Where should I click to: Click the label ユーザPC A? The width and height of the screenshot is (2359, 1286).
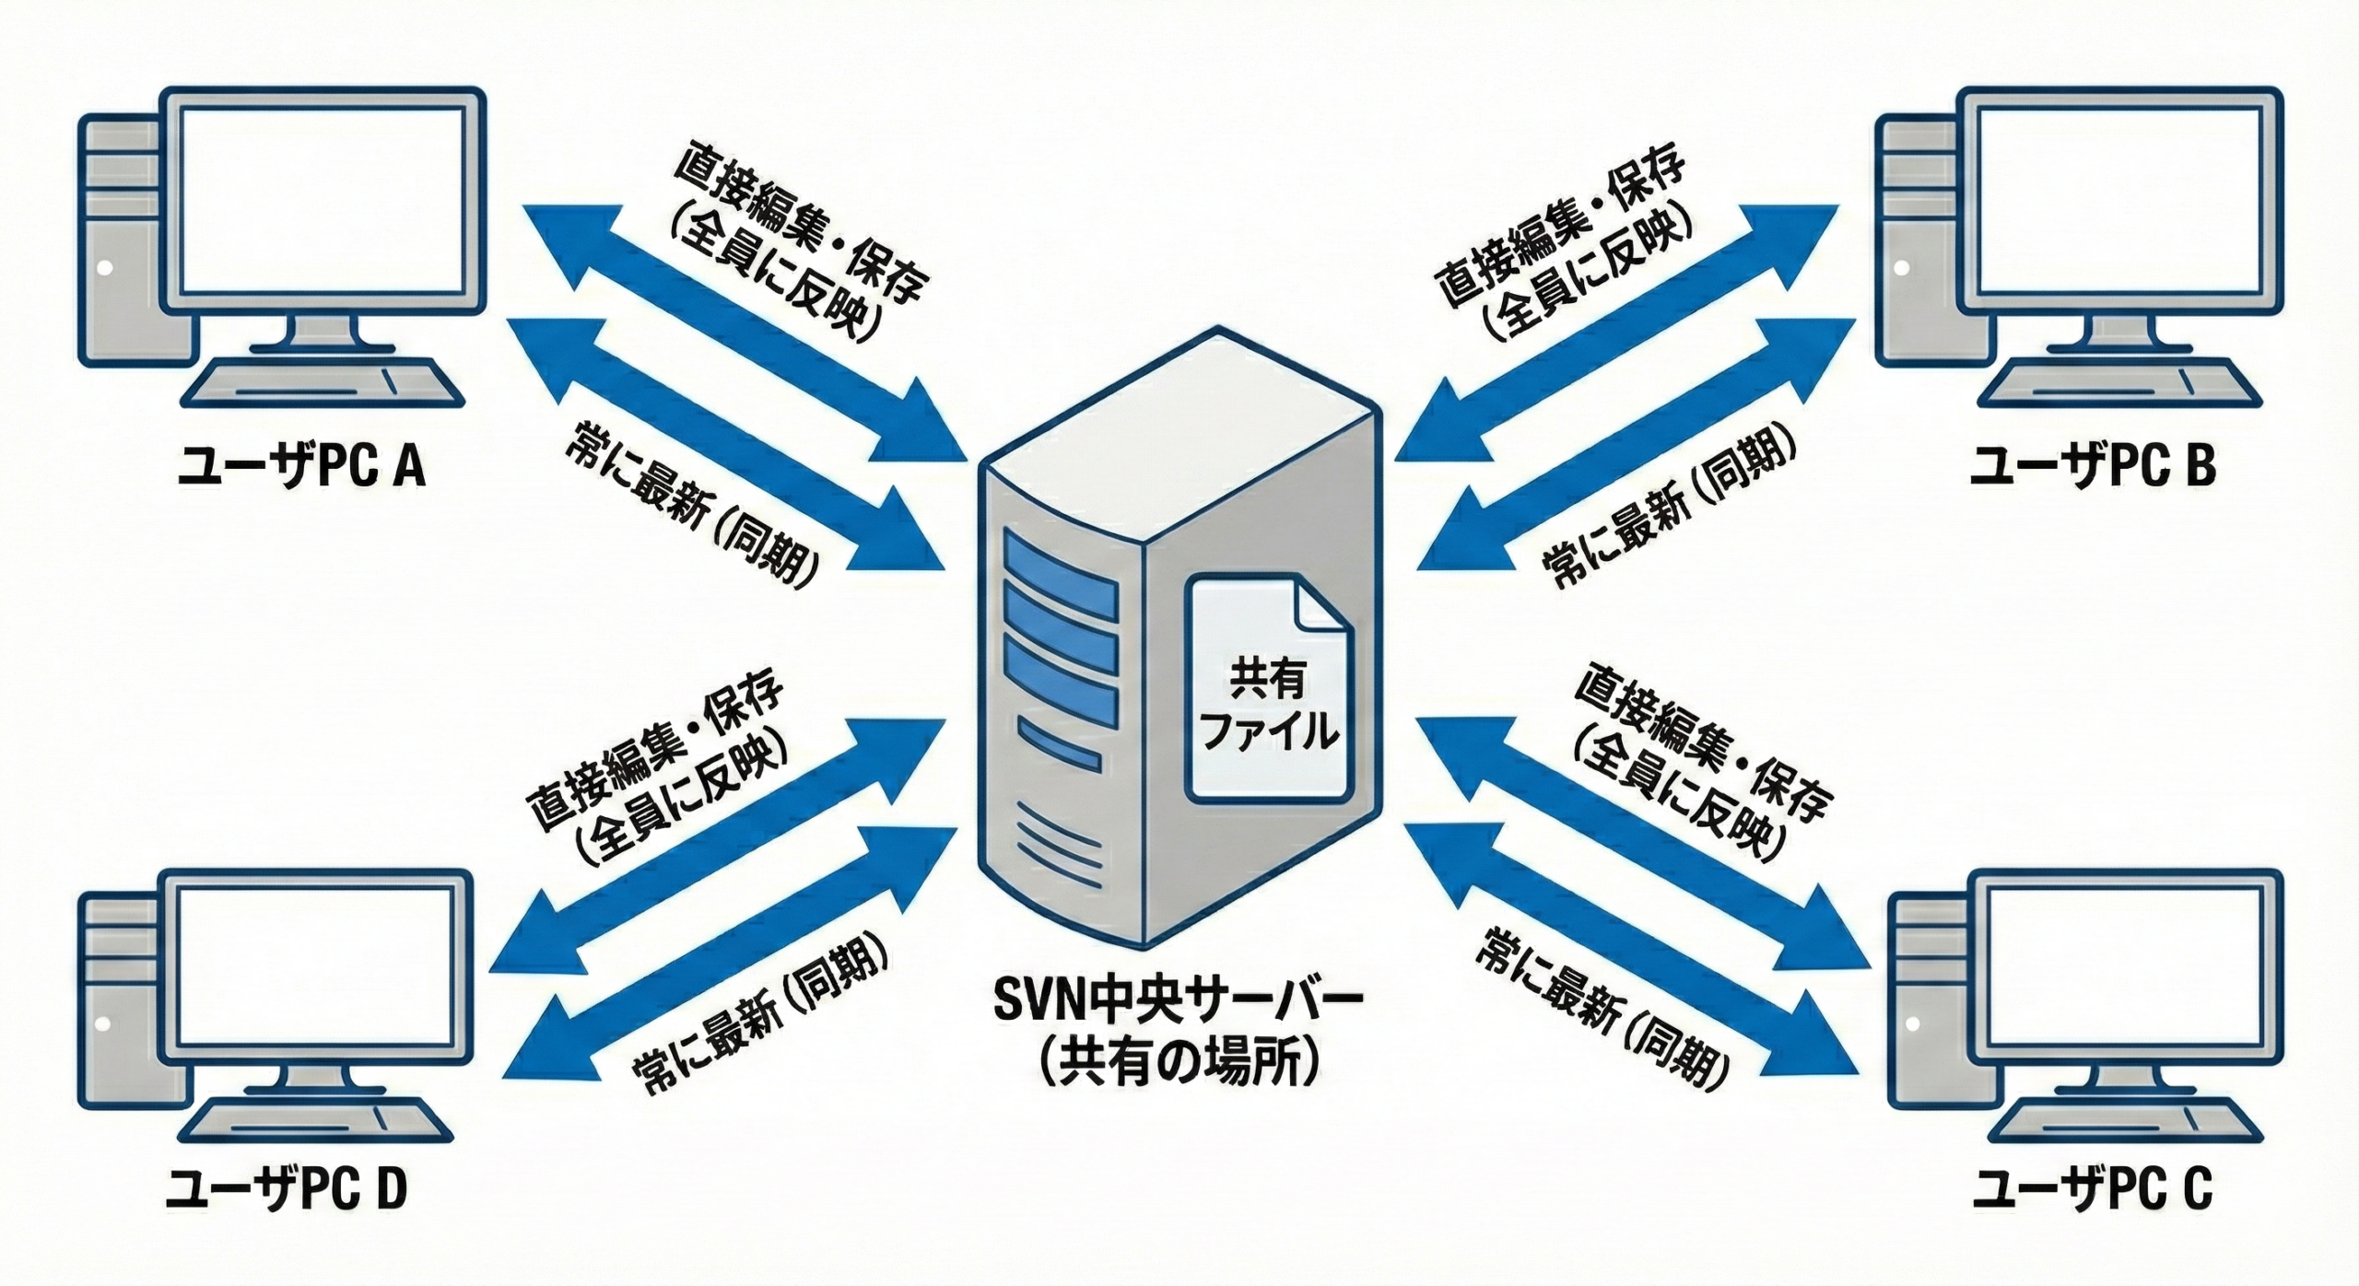[301, 468]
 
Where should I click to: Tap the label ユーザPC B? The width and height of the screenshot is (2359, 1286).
[2092, 467]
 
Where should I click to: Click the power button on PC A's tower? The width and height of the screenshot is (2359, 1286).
[105, 268]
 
